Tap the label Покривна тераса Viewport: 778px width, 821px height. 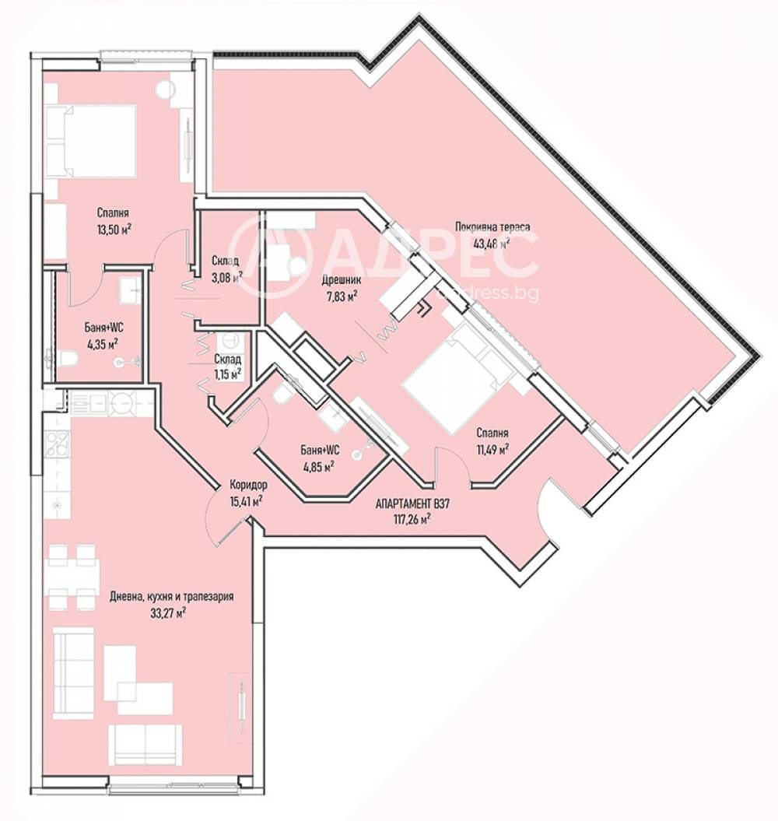[492, 228]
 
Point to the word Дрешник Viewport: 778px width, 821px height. [340, 281]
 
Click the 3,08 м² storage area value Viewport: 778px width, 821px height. [226, 275]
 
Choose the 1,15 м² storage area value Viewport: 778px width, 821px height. [227, 374]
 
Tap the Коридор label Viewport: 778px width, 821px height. [244, 483]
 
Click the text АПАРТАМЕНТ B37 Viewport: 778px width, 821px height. [412, 504]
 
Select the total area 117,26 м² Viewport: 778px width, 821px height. [412, 519]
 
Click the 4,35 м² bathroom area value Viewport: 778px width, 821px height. [102, 342]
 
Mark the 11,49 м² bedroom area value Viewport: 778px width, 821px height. [492, 448]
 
